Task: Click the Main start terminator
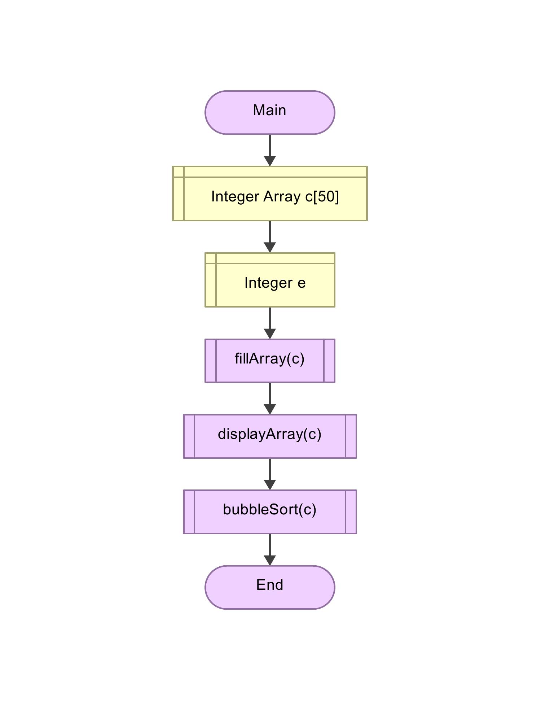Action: click(270, 113)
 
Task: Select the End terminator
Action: click(270, 587)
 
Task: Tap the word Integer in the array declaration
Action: click(235, 197)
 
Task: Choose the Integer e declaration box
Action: click(270, 280)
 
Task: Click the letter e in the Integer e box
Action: click(302, 283)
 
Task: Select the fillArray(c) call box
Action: click(270, 361)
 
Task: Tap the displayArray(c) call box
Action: click(270, 436)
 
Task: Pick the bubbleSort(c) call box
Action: click(270, 512)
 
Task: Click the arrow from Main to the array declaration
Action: click(270, 150)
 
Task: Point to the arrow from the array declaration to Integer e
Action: click(270, 236)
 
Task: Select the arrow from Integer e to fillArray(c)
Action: click(270, 323)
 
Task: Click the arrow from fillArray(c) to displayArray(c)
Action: click(270, 399)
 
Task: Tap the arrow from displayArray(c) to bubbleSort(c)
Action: click(270, 474)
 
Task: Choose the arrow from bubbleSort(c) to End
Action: click(270, 550)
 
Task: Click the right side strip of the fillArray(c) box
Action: click(329, 361)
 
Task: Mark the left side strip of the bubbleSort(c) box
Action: click(189, 512)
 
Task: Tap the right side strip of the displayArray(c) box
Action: click(351, 436)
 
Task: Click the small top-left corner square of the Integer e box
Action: click(211, 258)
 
